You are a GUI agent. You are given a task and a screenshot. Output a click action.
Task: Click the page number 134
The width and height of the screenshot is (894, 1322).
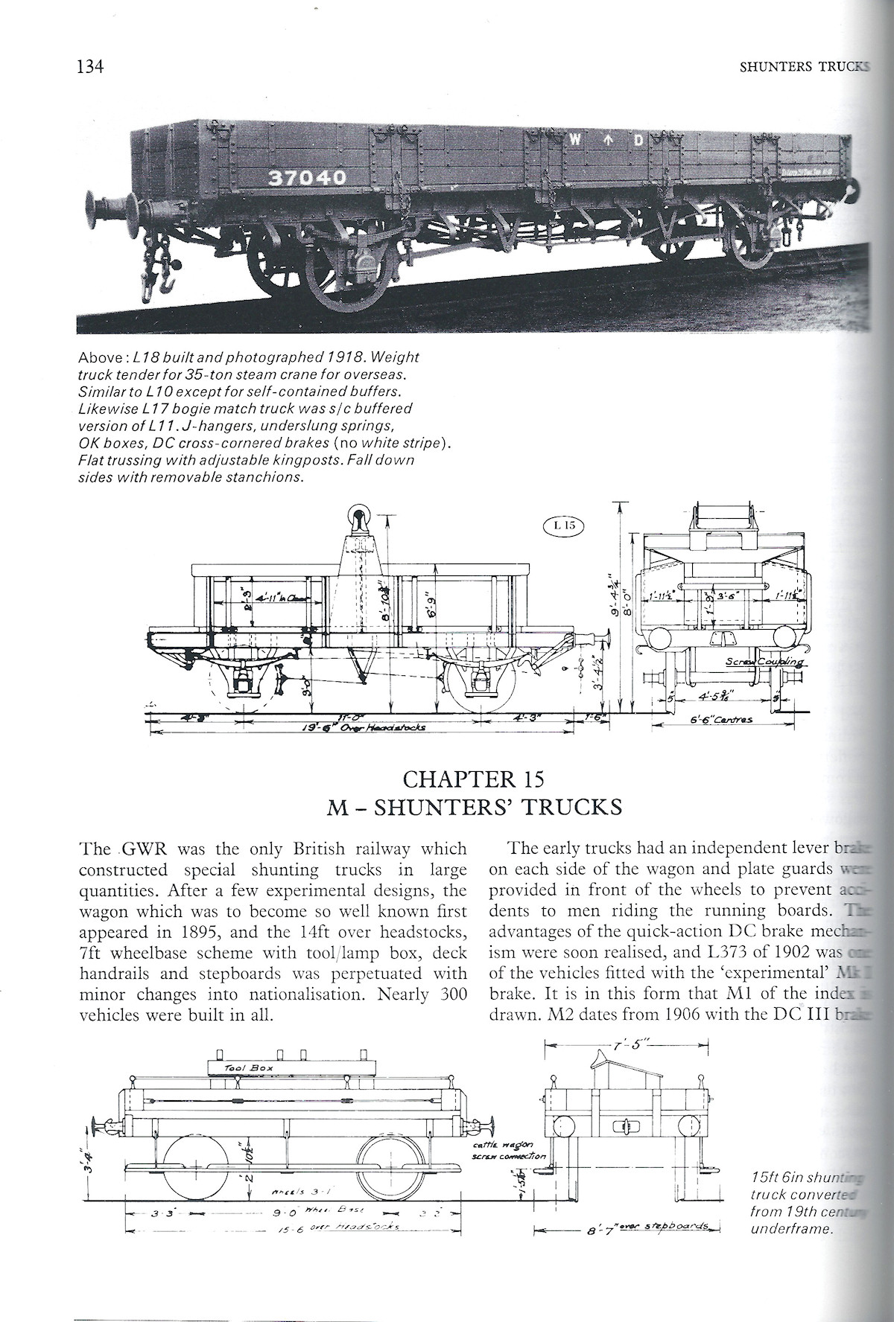(x=88, y=67)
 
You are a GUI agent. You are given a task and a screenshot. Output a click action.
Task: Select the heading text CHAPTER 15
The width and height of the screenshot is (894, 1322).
(x=473, y=779)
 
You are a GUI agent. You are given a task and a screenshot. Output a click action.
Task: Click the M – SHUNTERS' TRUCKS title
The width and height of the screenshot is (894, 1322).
(x=474, y=807)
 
